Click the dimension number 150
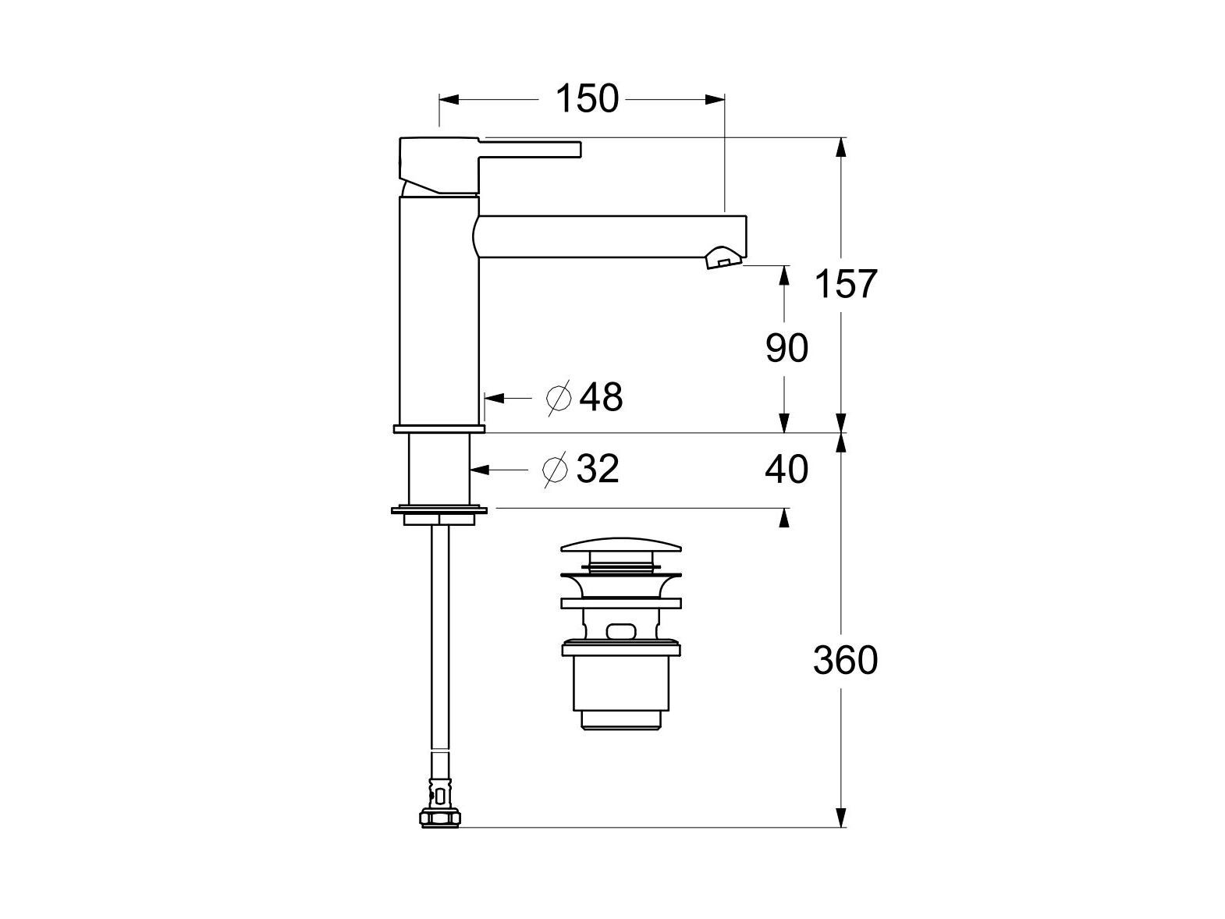(x=587, y=99)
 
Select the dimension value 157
(x=846, y=283)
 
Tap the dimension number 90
(x=786, y=348)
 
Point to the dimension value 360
(x=845, y=661)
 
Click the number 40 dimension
(x=786, y=470)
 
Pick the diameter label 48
(x=602, y=398)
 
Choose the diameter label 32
(x=598, y=469)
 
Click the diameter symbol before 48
(x=559, y=398)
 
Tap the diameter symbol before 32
(x=555, y=470)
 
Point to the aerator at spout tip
(x=722, y=257)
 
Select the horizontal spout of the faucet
(x=609, y=236)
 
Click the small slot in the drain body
(x=621, y=630)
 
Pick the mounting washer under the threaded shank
(x=439, y=512)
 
